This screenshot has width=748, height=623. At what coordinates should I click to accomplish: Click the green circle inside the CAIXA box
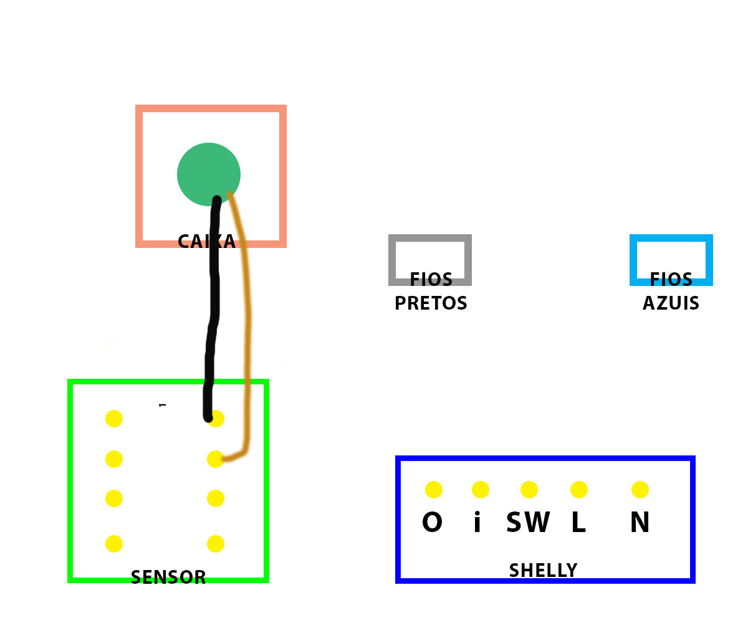[208, 171]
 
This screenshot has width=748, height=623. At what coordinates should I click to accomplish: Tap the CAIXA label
[206, 242]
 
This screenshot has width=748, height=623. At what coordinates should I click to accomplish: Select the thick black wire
[213, 311]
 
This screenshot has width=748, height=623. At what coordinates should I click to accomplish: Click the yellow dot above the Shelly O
[434, 490]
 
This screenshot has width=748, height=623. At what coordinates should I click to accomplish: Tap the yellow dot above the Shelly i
[481, 490]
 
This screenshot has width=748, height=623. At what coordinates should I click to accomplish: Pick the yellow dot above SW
[529, 490]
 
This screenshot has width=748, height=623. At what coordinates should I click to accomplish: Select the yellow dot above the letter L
[579, 490]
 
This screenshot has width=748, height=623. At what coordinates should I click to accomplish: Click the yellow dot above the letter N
[640, 490]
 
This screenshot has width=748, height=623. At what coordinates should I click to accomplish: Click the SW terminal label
[528, 523]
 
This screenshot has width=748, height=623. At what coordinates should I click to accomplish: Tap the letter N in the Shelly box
[640, 523]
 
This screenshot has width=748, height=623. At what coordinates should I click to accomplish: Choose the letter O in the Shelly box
[432, 523]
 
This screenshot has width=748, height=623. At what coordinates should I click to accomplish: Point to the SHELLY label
[543, 570]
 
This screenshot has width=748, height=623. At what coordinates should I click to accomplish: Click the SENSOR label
[168, 578]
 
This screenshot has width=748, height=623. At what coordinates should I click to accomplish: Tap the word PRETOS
[431, 303]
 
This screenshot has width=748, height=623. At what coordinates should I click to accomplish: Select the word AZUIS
[671, 303]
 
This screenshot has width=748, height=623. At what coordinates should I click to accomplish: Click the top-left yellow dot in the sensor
[114, 419]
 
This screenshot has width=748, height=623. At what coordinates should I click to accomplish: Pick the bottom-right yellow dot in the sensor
[216, 544]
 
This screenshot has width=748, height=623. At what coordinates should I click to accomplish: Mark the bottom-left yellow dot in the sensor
[114, 544]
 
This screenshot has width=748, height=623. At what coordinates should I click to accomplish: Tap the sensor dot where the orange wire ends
[215, 459]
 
